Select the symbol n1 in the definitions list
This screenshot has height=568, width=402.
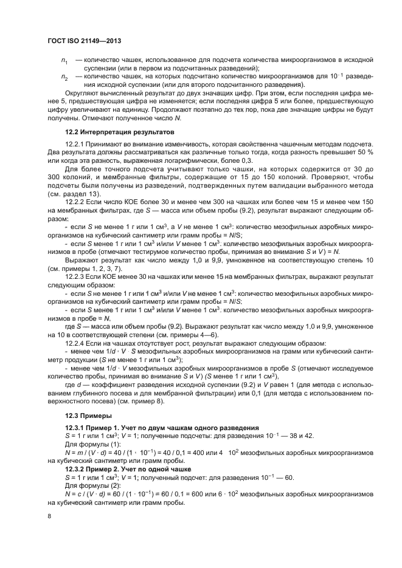pos(64,61)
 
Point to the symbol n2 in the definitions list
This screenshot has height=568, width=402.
pos(64,78)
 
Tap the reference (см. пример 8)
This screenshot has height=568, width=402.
pos(164,402)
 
